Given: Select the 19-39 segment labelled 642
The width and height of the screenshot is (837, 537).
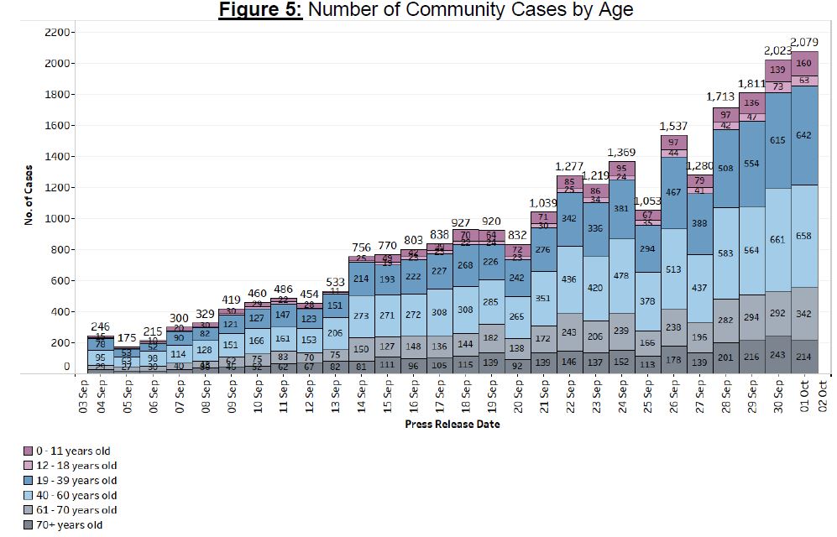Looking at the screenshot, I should click(x=803, y=135).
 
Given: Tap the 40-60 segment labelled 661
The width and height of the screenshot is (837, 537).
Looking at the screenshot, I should click(x=777, y=239).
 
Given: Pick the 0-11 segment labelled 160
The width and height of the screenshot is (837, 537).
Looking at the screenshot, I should click(x=803, y=63).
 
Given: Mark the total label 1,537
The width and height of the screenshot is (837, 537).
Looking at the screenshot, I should click(x=673, y=126).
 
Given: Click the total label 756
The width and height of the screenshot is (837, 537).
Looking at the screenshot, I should click(x=363, y=247).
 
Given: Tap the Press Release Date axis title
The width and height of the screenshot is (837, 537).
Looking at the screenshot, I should click(x=452, y=425).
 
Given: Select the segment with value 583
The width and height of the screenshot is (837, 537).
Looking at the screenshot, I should click(x=725, y=253).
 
